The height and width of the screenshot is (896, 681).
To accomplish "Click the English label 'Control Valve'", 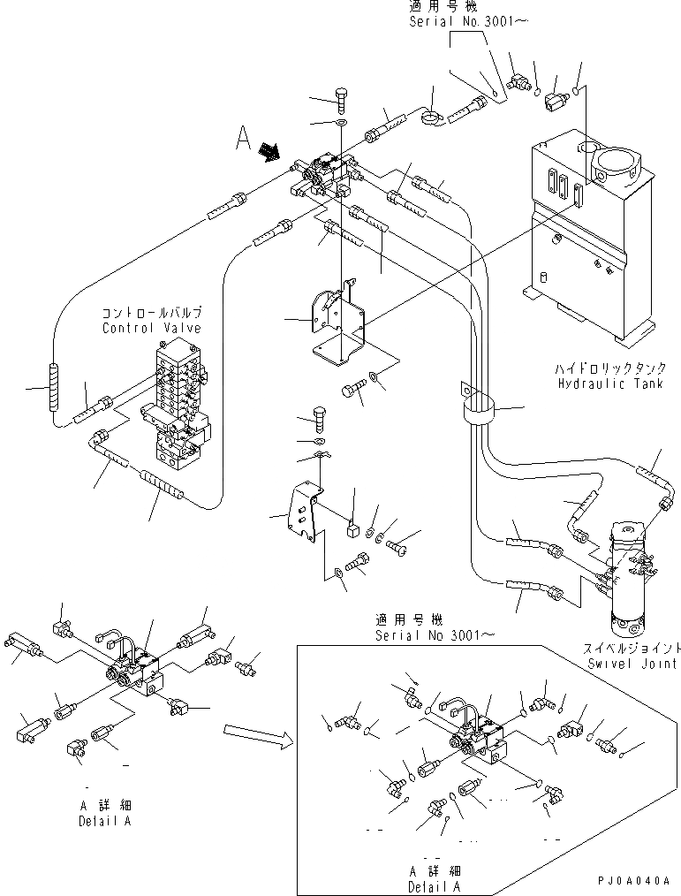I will pos(151,328).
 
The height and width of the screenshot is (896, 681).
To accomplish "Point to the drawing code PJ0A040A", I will pos(633,880).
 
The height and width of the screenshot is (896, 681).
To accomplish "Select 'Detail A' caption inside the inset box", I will pos(431,885).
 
